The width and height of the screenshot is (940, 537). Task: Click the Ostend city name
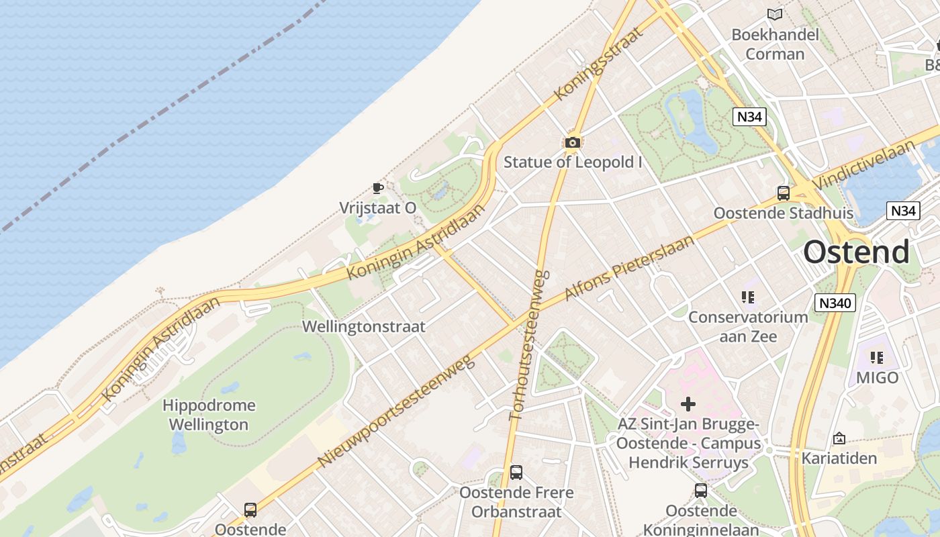pyautogui.click(x=857, y=252)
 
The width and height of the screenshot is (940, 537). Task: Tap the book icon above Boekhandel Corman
pyautogui.click(x=775, y=14)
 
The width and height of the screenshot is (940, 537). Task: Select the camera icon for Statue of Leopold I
pyautogui.click(x=572, y=142)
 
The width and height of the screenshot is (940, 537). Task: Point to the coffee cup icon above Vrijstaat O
pyautogui.click(x=377, y=188)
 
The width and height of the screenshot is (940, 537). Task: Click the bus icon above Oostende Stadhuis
pyautogui.click(x=783, y=193)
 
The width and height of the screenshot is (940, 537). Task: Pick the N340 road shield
pyautogui.click(x=835, y=303)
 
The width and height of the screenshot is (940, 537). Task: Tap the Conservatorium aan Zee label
pyautogui.click(x=748, y=326)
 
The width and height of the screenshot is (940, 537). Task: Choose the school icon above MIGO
pyautogui.click(x=877, y=358)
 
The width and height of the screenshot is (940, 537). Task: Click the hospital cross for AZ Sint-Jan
pyautogui.click(x=688, y=404)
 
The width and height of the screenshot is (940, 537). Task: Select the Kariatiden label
pyautogui.click(x=839, y=458)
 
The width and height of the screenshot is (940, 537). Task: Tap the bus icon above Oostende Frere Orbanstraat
pyautogui.click(x=516, y=473)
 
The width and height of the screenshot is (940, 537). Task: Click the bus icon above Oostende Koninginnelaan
pyautogui.click(x=701, y=491)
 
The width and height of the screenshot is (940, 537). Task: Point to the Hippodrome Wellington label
pyautogui.click(x=209, y=415)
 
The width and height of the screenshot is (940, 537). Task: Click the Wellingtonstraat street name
pyautogui.click(x=364, y=327)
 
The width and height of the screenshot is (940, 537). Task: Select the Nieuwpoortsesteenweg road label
pyautogui.click(x=395, y=411)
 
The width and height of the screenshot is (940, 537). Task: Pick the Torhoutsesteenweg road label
pyautogui.click(x=530, y=345)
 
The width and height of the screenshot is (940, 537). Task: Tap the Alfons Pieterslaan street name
pyautogui.click(x=629, y=267)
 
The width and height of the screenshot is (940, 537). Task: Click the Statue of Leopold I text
pyautogui.click(x=573, y=162)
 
